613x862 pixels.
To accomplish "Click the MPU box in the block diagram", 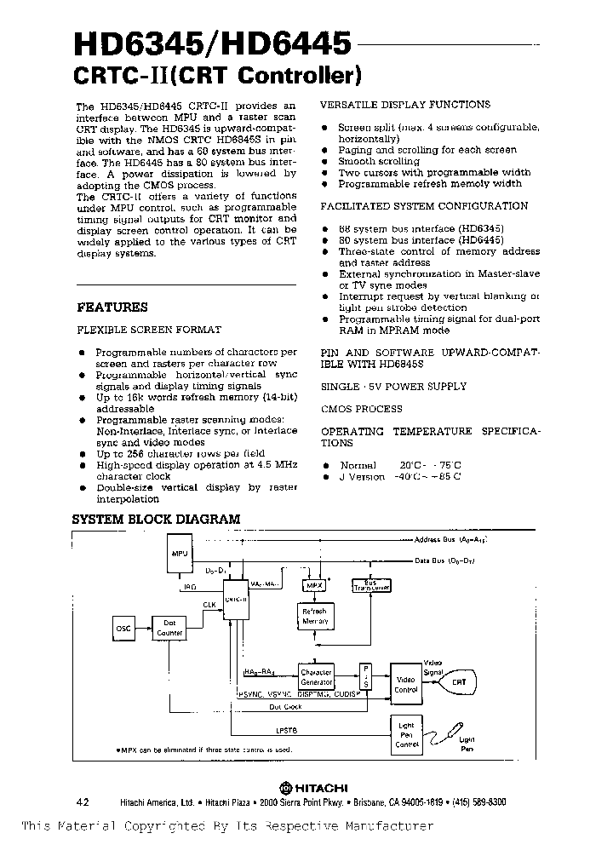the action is [180, 554].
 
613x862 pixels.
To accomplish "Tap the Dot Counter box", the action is [169, 629].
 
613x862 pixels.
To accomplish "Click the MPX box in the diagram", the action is [313, 586].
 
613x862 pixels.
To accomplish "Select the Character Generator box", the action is [316, 677].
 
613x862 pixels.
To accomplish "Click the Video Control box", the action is [405, 683].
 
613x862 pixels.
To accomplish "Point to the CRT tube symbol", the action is [456, 682].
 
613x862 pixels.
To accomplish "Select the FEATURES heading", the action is [112, 307].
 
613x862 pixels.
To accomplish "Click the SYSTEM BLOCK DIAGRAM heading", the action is [156, 519].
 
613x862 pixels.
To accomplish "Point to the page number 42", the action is [83, 802].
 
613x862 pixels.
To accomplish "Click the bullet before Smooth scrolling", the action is [325, 162].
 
